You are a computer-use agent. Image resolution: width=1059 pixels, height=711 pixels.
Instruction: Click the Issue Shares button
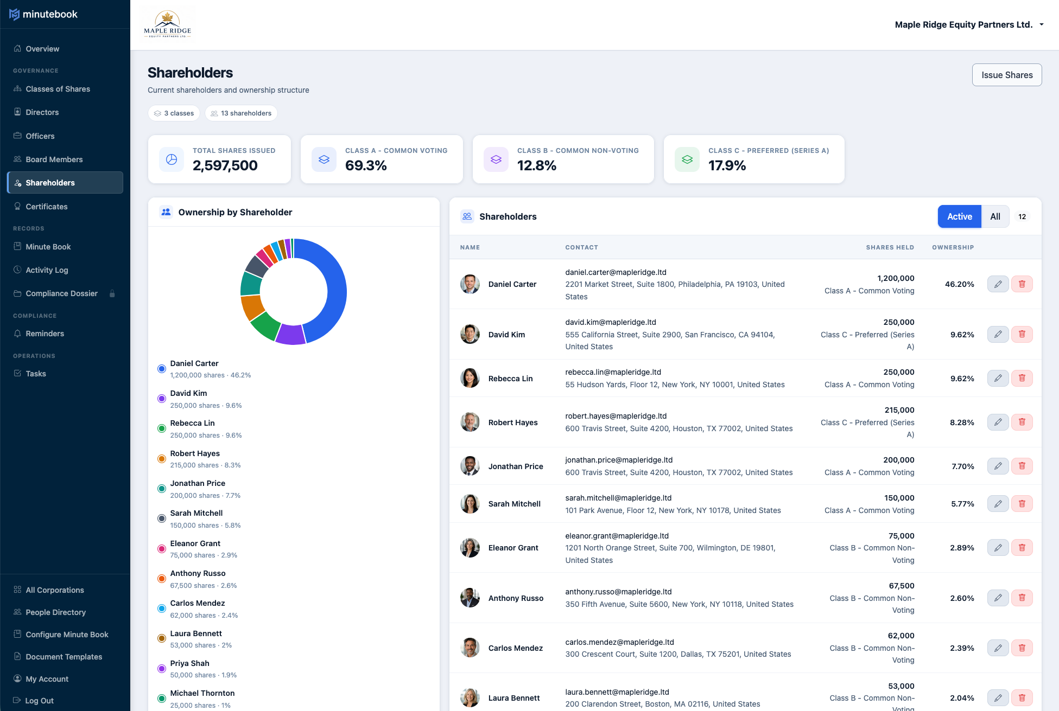[1006, 75]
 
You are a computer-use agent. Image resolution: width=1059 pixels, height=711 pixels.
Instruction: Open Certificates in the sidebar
[47, 207]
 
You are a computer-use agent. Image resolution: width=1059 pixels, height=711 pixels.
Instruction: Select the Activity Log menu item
[47, 270]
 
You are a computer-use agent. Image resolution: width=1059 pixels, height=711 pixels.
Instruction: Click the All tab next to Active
[995, 216]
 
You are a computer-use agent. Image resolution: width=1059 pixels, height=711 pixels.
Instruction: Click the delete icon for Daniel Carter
[1022, 284]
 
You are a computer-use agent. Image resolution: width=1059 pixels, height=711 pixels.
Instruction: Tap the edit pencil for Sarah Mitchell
[998, 504]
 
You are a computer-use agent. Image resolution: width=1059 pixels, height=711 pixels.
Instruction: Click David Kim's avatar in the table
[470, 335]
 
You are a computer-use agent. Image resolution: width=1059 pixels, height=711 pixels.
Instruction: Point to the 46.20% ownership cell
[959, 284]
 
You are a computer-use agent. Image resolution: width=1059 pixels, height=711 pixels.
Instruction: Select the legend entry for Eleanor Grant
[195, 543]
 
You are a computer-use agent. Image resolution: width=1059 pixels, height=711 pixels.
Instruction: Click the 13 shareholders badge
[241, 113]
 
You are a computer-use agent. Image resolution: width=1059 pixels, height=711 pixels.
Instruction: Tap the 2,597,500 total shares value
[225, 165]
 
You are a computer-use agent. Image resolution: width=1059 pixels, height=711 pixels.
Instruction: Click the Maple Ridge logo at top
[167, 25]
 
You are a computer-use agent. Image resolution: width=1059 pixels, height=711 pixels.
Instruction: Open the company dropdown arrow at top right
[1041, 24]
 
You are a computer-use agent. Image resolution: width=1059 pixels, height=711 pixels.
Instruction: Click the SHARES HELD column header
[890, 247]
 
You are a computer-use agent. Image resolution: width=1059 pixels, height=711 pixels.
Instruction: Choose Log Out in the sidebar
[39, 701]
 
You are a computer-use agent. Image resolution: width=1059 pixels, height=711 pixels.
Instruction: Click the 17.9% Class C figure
[727, 165]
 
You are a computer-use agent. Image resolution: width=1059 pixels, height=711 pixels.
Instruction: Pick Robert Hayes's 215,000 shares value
[899, 410]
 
